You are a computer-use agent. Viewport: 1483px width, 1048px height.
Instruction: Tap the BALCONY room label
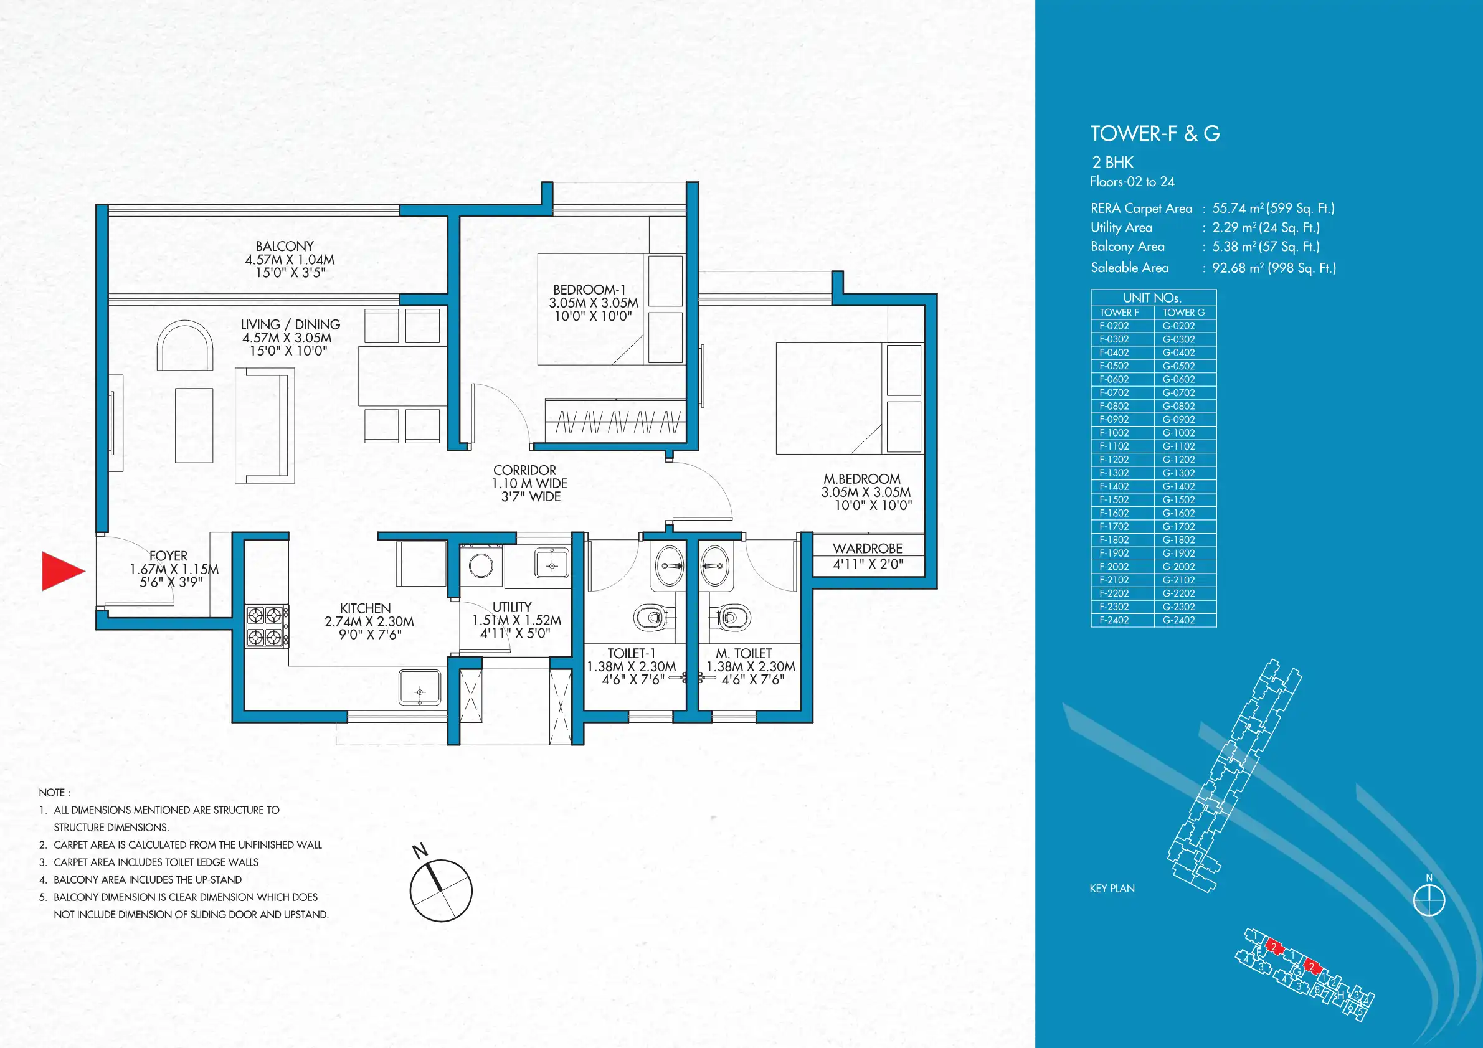coord(285,247)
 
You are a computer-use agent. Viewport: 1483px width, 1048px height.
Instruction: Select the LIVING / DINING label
coord(291,325)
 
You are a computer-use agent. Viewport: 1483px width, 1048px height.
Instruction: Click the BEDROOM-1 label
coord(590,290)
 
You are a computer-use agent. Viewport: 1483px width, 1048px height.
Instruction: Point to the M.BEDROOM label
coord(861,479)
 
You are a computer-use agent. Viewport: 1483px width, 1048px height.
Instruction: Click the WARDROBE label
coord(868,548)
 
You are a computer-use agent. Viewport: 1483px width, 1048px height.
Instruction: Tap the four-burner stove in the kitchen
coord(267,626)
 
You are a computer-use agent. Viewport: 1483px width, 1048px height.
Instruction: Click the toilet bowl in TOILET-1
coord(651,617)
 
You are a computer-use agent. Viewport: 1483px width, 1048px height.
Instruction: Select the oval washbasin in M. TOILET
coord(716,565)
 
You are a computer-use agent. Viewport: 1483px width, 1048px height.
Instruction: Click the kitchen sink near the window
coord(420,688)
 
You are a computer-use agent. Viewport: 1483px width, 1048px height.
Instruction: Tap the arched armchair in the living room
coord(186,347)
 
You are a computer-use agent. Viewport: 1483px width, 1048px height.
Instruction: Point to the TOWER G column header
coord(1184,313)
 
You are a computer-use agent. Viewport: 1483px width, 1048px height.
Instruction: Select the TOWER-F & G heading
coord(1155,134)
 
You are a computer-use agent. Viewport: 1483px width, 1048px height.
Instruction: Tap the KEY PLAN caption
coord(1112,889)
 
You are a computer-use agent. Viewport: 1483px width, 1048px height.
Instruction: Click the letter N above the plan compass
coord(420,850)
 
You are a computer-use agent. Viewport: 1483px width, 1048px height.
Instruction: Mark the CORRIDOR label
coord(524,471)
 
